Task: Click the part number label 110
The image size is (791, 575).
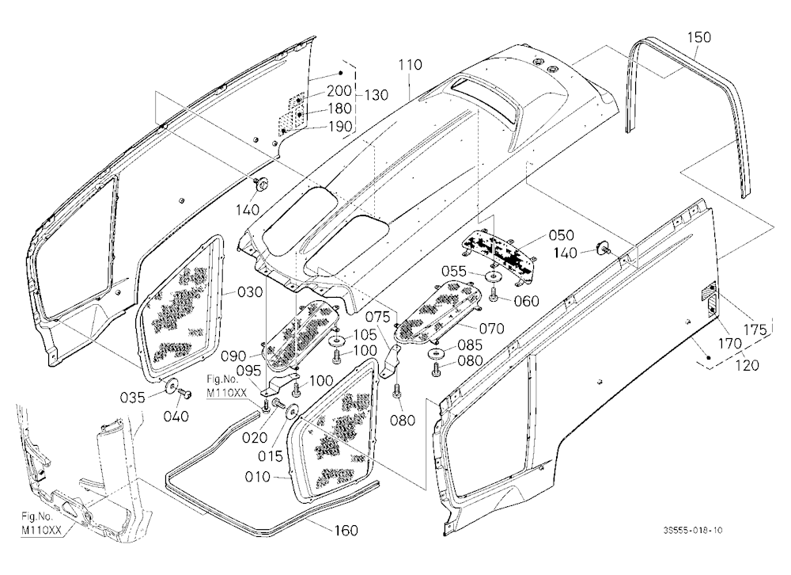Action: pyautogui.click(x=410, y=65)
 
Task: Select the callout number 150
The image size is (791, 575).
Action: pyautogui.click(x=698, y=37)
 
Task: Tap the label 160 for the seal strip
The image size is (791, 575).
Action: pyautogui.click(x=346, y=531)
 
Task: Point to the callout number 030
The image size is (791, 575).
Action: pyautogui.click(x=250, y=291)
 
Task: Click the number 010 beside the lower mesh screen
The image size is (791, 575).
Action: pyautogui.click(x=257, y=477)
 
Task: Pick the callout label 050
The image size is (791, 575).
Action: pyautogui.click(x=561, y=235)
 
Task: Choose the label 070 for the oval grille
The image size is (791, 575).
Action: pyautogui.click(x=491, y=329)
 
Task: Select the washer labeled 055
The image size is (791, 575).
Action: pyautogui.click(x=491, y=277)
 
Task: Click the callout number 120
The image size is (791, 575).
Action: pyautogui.click(x=747, y=364)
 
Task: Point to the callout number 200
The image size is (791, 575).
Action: pyautogui.click(x=339, y=91)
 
